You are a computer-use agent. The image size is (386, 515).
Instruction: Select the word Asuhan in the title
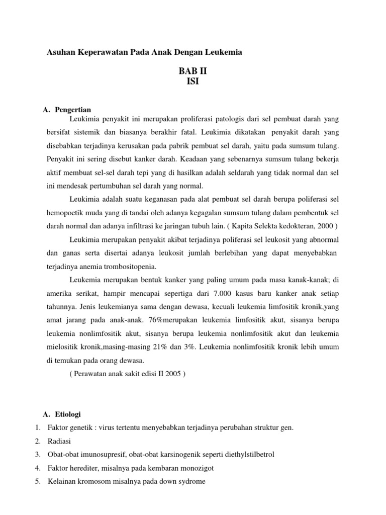[x=60, y=52]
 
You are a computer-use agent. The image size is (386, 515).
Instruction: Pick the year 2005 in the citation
[x=172, y=374]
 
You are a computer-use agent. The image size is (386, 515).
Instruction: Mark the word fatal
[x=190, y=132]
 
